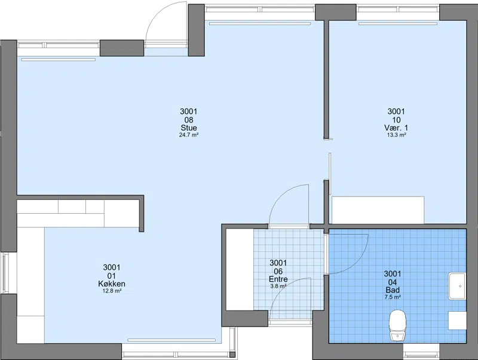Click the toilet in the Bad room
pyautogui.click(x=398, y=325)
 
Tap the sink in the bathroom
pyautogui.click(x=457, y=286)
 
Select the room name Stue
pyautogui.click(x=189, y=128)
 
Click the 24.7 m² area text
pyautogui.click(x=189, y=135)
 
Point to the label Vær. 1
pyautogui.click(x=396, y=128)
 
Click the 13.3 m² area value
pyautogui.click(x=396, y=135)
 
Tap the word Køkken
pyautogui.click(x=112, y=284)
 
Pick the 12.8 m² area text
pyautogui.click(x=112, y=291)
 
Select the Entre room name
pyautogui.click(x=278, y=279)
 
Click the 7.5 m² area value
pyautogui.click(x=393, y=297)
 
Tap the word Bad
pyautogui.click(x=393, y=290)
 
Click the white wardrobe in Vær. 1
pyautogui.click(x=378, y=210)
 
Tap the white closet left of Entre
pyautogui.click(x=240, y=269)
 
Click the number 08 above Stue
pyautogui.click(x=189, y=119)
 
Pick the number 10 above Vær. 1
pyautogui.click(x=396, y=119)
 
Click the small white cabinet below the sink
pyautogui.click(x=457, y=321)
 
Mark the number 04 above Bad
pyautogui.click(x=393, y=282)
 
